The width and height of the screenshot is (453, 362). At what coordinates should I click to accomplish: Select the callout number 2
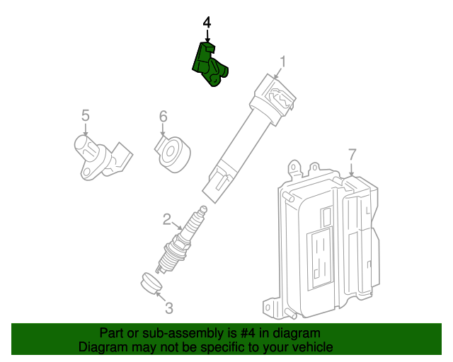tap(168, 219)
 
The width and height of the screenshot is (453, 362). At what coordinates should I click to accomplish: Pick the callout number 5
tap(85, 115)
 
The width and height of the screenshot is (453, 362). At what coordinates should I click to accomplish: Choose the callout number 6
tap(162, 115)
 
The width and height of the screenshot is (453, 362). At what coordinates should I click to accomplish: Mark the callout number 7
tap(352, 154)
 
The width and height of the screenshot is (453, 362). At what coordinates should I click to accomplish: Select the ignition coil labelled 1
tap(248, 134)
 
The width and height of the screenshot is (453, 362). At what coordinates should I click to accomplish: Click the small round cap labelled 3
tap(149, 282)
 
